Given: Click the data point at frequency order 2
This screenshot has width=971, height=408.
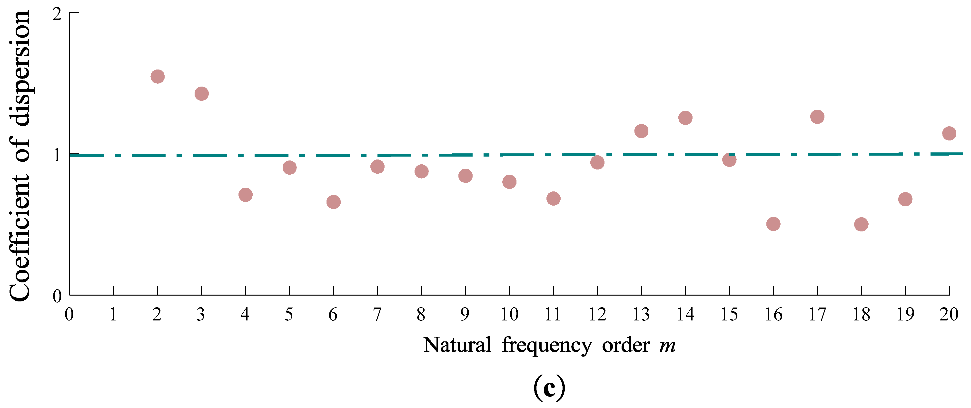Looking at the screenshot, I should click(158, 77).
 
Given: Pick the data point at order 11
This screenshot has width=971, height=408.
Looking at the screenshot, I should click(553, 198).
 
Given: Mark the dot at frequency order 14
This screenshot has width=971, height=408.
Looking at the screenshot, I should click(685, 118).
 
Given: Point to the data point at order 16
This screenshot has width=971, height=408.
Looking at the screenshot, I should click(773, 224).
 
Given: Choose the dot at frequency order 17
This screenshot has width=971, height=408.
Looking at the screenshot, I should click(817, 117).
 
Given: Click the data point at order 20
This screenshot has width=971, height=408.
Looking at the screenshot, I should click(949, 133).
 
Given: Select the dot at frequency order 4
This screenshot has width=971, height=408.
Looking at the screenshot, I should click(245, 195).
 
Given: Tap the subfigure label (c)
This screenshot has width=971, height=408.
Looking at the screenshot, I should click(549, 387).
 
